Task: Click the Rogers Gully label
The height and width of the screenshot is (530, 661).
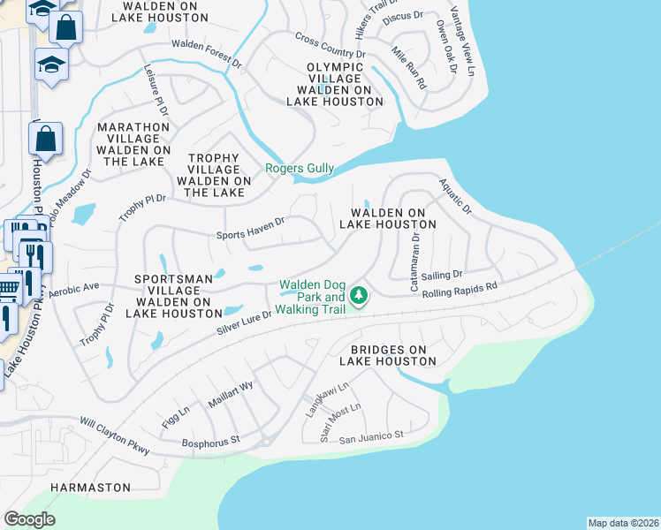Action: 300,169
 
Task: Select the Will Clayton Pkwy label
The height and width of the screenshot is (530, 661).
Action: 115,436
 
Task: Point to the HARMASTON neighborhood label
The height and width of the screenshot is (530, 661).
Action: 90,488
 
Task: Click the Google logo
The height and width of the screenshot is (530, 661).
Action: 29,519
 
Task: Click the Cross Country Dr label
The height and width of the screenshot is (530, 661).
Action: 330,46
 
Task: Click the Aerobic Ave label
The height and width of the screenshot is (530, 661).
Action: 73,290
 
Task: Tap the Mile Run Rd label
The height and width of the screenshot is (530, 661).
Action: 408,69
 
